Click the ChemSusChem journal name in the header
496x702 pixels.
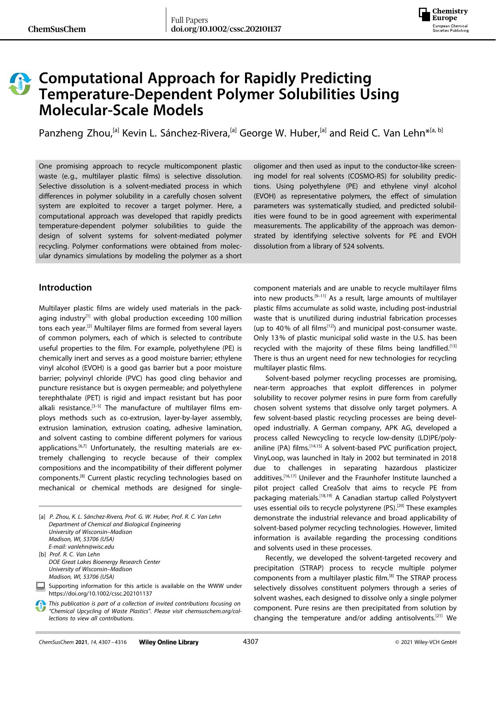click(x=57, y=29)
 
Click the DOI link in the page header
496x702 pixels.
click(x=226, y=29)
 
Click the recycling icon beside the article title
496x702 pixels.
click(x=20, y=84)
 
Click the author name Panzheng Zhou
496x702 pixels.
click(x=75, y=133)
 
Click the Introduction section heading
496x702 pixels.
click(x=65, y=287)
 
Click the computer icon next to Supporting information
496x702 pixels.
click(x=41, y=587)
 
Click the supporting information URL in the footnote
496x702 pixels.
click(x=100, y=594)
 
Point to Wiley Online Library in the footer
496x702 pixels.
click(x=169, y=642)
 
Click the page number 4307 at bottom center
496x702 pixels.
click(x=251, y=642)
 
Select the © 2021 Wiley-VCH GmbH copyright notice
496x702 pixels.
click(x=426, y=642)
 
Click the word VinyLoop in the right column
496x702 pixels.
click(x=269, y=457)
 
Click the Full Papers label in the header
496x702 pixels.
click(x=189, y=20)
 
